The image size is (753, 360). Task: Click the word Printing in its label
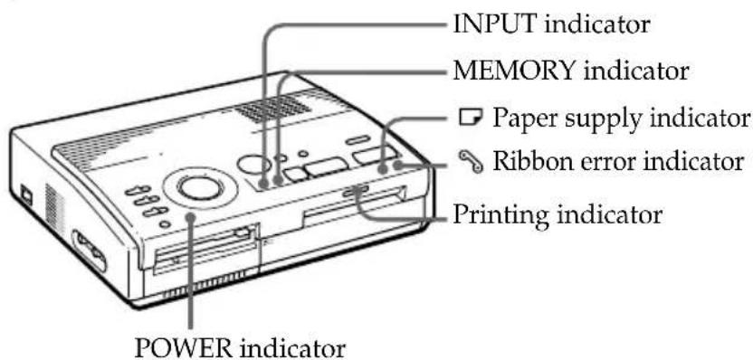tap(492, 218)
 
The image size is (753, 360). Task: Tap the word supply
tap(589, 118)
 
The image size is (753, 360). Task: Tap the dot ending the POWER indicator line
tap(191, 217)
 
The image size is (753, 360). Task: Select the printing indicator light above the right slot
tap(356, 190)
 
